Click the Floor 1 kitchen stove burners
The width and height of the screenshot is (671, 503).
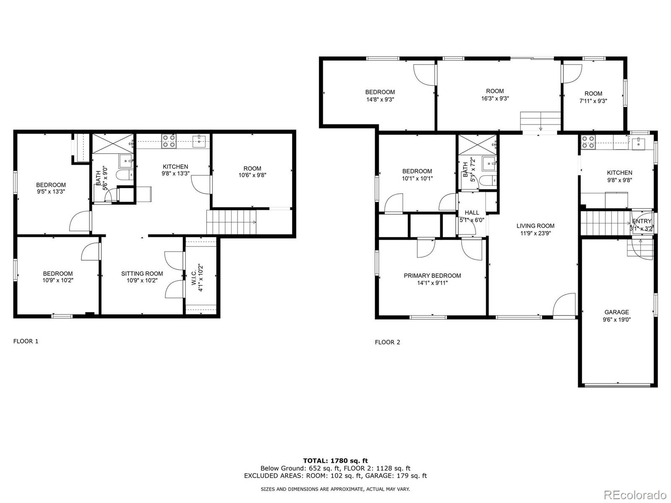tap(169, 141)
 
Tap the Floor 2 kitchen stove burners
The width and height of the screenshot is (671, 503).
tap(588, 143)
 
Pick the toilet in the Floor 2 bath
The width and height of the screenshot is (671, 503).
tap(487, 181)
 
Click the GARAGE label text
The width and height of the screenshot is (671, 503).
tap(616, 312)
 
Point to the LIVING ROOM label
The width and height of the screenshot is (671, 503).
tap(535, 226)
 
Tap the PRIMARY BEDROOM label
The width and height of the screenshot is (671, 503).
tap(432, 275)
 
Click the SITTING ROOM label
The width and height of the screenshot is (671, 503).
tap(142, 273)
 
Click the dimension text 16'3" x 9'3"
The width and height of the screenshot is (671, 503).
tap(495, 99)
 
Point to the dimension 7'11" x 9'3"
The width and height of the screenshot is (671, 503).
tap(593, 101)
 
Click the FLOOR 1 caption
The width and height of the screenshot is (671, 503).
tap(26, 341)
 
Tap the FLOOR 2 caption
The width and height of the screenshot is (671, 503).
tap(387, 342)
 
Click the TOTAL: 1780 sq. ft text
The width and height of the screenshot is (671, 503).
tap(335, 461)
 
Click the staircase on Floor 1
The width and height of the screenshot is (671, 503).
tap(231, 222)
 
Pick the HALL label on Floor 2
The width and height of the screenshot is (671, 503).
tap(471, 213)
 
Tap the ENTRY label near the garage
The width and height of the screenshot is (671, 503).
tap(641, 221)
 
